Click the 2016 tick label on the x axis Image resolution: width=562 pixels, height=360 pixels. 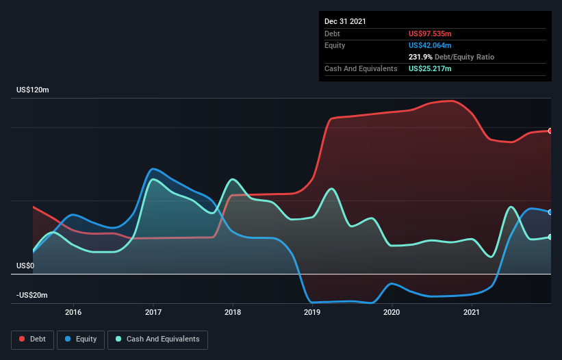click(x=73, y=312)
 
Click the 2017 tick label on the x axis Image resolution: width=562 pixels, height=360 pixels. click(x=153, y=312)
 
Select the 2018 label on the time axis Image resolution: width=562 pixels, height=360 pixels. click(x=233, y=312)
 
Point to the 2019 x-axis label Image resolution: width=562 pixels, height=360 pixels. click(x=312, y=312)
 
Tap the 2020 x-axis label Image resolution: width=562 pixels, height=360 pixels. click(x=392, y=312)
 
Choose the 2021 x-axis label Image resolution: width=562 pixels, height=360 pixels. click(x=472, y=312)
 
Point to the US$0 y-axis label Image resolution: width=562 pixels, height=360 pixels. click(x=25, y=266)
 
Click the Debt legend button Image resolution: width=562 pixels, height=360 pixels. click(x=32, y=339)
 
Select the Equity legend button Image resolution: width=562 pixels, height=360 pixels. click(x=81, y=339)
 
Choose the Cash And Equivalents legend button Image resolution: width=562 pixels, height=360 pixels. click(x=157, y=339)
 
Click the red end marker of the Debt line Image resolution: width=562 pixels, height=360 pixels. click(x=550, y=131)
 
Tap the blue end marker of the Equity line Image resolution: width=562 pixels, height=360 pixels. click(x=550, y=212)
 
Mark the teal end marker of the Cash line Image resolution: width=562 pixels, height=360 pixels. click(x=550, y=237)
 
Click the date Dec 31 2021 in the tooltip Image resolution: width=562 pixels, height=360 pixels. click(x=345, y=21)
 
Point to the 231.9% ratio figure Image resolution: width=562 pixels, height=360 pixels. click(x=421, y=57)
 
